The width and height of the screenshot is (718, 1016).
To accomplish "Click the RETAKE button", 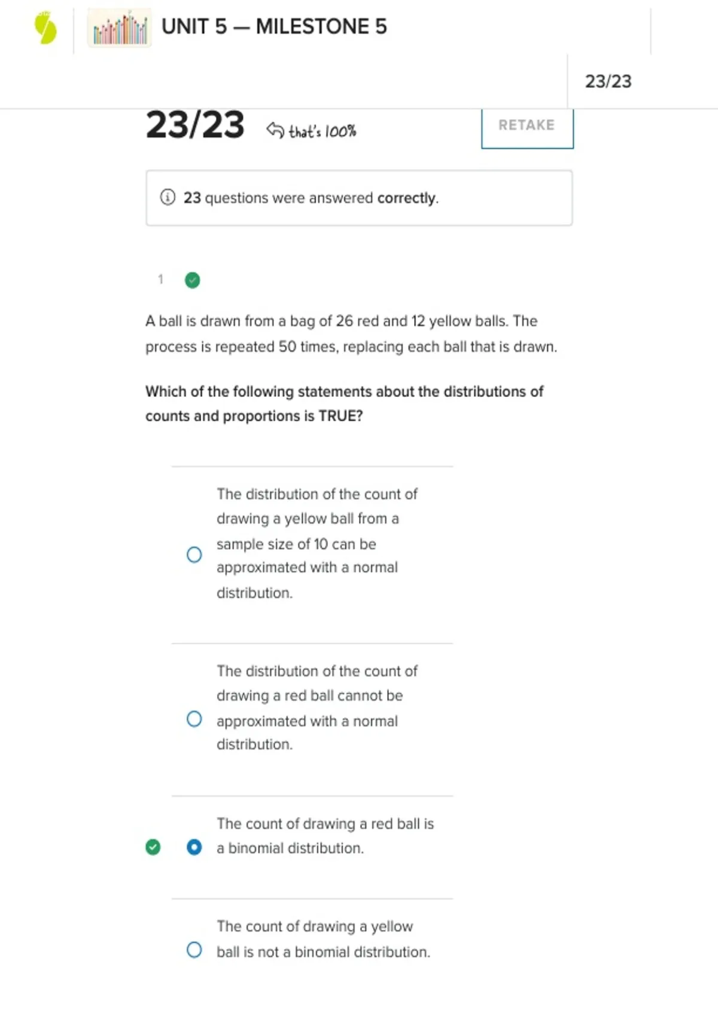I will point(527,126).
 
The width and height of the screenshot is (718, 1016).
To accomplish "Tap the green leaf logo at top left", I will point(45,29).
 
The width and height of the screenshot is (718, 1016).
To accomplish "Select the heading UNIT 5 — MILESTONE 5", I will point(274,27).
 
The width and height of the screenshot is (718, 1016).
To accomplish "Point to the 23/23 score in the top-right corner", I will point(608,81).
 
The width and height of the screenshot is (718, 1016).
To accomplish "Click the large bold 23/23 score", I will point(195,126).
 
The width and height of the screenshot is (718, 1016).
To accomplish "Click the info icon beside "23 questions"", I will point(168,197).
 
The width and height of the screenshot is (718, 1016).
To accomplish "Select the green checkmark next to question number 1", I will point(192,280).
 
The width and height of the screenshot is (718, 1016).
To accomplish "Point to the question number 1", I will point(160,279).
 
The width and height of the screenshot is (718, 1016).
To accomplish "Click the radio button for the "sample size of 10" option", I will point(194,555).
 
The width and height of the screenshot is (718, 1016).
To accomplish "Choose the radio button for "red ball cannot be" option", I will point(194,718).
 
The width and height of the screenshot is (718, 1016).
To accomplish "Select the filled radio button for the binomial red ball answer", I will point(194,847).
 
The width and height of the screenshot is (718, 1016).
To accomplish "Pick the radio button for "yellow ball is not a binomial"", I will point(194,950).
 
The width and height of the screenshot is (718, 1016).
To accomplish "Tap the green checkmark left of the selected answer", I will point(153,847).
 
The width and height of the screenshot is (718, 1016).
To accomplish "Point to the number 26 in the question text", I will point(344,321).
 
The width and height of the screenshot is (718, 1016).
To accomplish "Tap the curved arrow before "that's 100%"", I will point(275,130).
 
